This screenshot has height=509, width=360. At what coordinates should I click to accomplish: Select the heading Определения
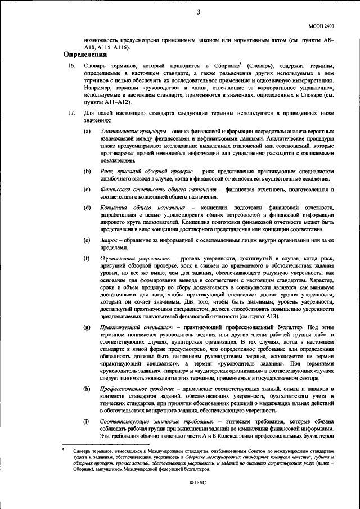(85, 55)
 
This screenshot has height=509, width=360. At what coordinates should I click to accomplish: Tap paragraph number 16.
(71, 66)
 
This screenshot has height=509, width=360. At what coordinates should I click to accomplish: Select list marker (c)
(87, 190)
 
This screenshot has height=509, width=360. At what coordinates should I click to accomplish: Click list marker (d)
(87, 208)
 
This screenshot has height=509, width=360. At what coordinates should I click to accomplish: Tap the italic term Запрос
(109, 241)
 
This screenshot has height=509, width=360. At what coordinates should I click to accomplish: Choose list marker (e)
(87, 241)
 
